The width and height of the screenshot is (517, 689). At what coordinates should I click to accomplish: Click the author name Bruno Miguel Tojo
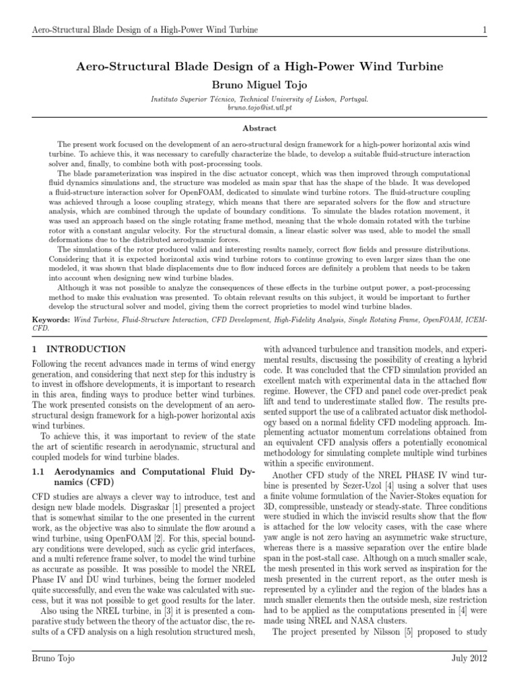coord(258,86)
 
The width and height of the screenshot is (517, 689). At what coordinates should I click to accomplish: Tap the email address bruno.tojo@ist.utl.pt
coord(258,108)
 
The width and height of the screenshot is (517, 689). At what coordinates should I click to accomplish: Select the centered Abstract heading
coord(258,127)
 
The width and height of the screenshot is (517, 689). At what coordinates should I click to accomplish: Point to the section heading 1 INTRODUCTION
coord(79,349)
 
